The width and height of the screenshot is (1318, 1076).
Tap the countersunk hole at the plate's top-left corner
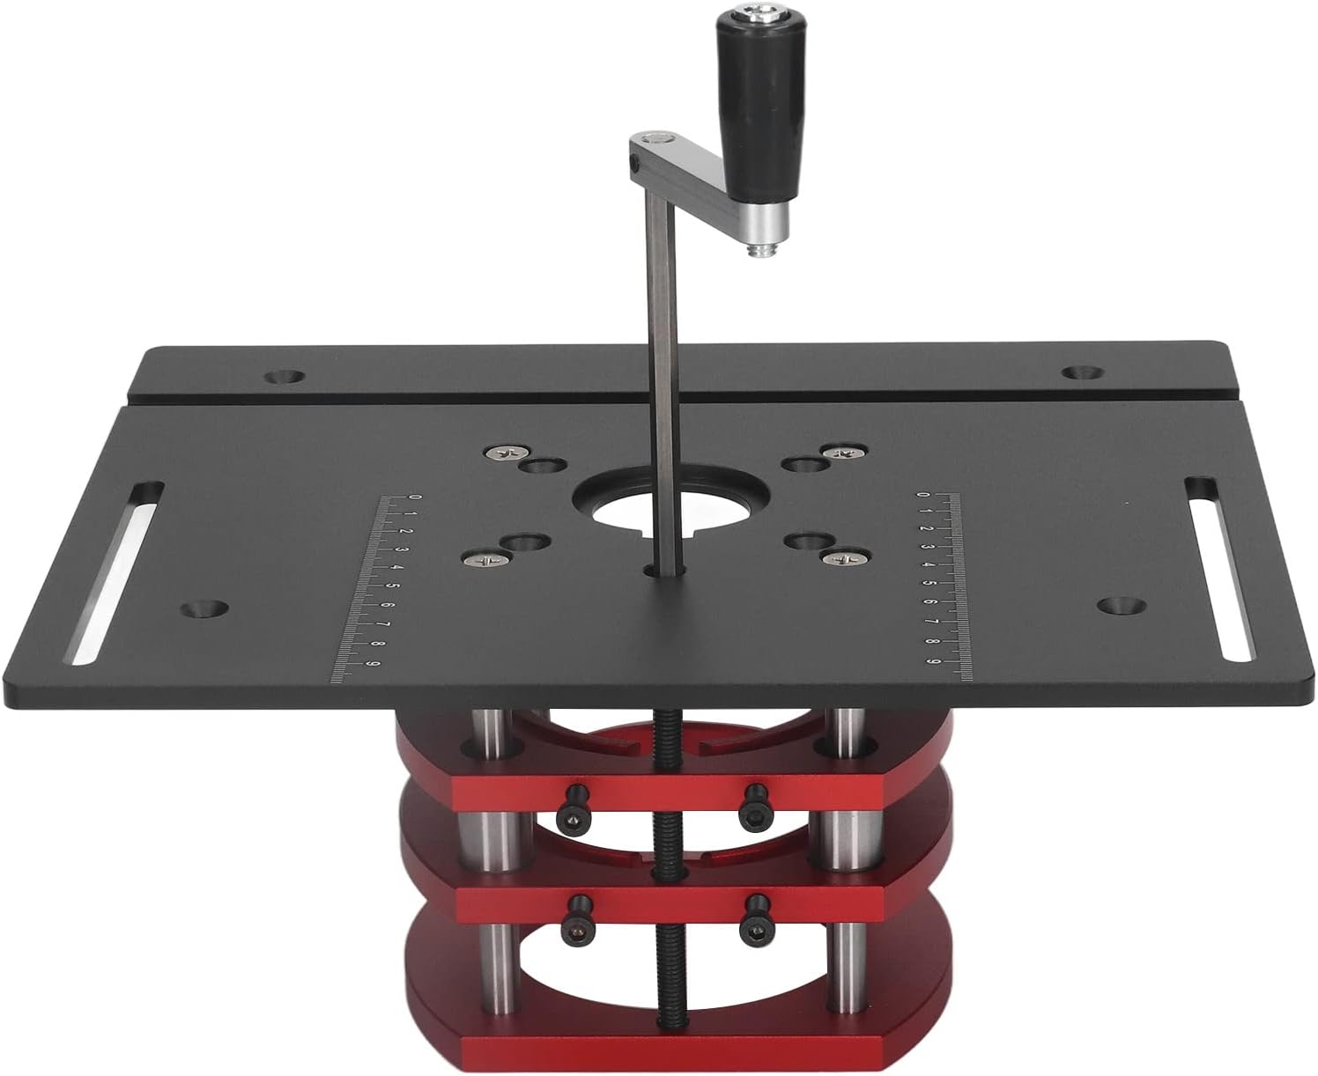point(284,377)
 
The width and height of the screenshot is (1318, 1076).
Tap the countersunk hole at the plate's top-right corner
point(1083,373)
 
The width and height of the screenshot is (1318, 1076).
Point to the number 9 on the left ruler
point(371,664)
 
